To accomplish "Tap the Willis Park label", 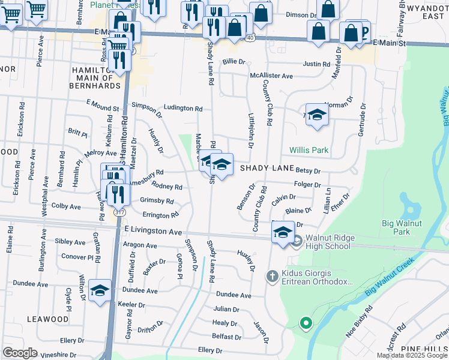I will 309,150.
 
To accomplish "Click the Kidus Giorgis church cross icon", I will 271,277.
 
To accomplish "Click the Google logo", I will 20,353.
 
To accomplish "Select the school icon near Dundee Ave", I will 100,290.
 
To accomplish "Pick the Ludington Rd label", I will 183,109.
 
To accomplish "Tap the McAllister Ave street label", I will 271,76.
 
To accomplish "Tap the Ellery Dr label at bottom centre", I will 210,350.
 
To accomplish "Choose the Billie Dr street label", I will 234,61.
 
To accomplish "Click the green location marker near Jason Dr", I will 306,323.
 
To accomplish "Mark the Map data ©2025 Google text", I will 412,355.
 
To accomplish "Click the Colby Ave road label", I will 66,206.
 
